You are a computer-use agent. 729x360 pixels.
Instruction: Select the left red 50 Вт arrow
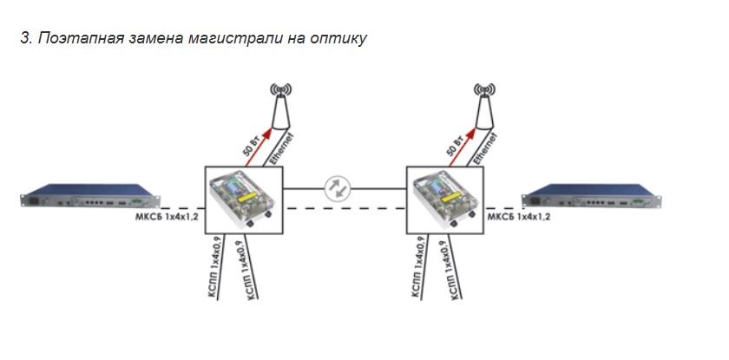pos(259,147)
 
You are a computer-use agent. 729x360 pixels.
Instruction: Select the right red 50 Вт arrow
pos(462,147)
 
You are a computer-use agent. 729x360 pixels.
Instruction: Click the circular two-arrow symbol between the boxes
pos(338,188)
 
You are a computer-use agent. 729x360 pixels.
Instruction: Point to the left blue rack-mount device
pos(90,196)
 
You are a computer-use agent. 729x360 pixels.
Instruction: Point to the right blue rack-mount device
pos(591,196)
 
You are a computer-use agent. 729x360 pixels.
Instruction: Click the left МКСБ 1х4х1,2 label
pos(167,217)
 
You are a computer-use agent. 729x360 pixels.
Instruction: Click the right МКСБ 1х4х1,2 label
pos(518,217)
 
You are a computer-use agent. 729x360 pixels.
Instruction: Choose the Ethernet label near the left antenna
pos(282,149)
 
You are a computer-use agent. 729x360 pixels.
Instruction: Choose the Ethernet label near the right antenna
pos(486,149)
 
